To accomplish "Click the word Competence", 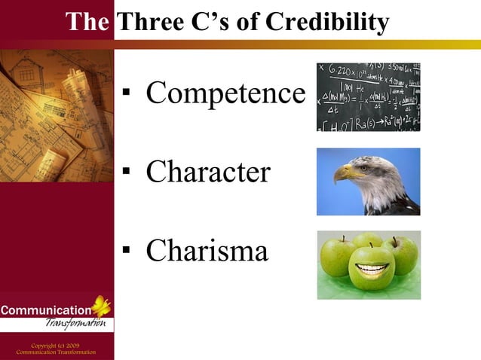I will click(x=225, y=93).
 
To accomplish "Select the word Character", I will click(x=208, y=172).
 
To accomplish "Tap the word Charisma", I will click(x=207, y=251).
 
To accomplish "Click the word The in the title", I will click(x=87, y=23).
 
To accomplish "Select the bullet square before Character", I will click(x=127, y=174).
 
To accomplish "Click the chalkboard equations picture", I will click(x=368, y=97).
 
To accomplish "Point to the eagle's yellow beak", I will click(x=346, y=173).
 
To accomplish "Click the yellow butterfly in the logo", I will click(x=100, y=306).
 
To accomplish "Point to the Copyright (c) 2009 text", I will click(x=56, y=345).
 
